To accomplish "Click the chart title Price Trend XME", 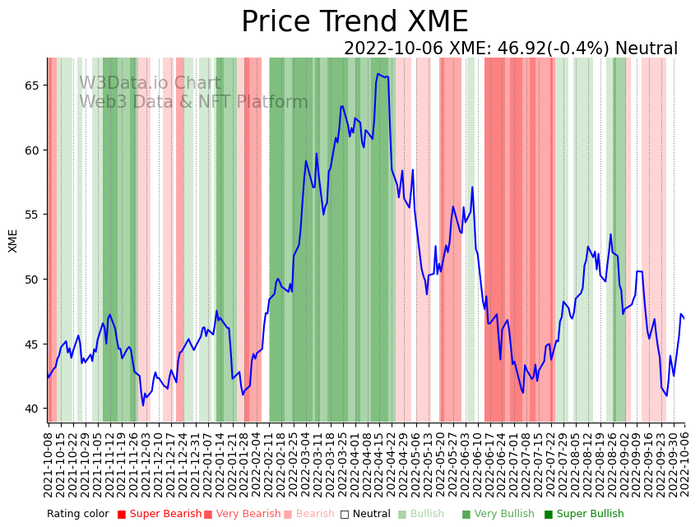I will coord(355,22).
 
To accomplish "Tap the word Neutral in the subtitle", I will coord(646,49).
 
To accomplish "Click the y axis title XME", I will coord(13,240).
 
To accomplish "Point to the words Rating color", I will coord(77,514).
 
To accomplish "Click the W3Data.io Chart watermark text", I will coord(150,84).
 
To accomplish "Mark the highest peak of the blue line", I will coord(378,74).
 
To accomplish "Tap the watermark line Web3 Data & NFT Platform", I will coord(193,102).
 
